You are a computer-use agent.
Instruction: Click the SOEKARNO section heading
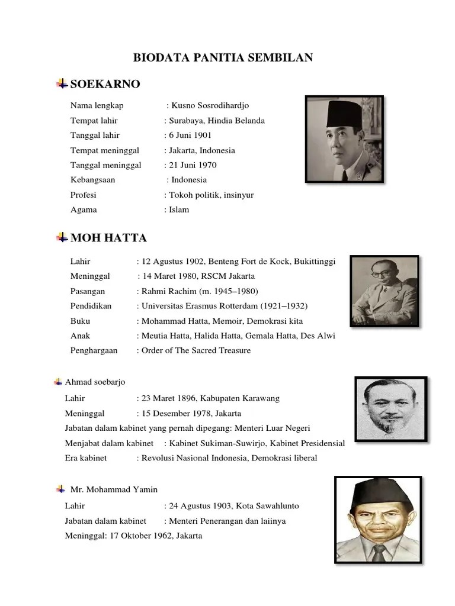(x=105, y=84)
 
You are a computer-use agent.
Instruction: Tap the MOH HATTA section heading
(x=108, y=238)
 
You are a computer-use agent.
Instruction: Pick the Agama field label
(x=84, y=209)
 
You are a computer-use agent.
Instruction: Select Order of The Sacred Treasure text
(x=196, y=350)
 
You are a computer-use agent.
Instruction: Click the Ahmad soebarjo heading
(x=95, y=382)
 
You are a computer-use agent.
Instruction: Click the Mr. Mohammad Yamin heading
(x=114, y=489)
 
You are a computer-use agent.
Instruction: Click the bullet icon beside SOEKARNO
(x=62, y=84)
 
